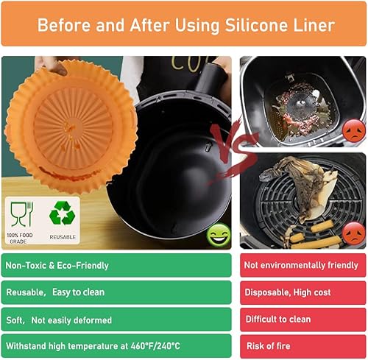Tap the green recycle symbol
(x=63, y=213)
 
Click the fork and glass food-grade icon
(x=21, y=213)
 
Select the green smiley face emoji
(x=217, y=236)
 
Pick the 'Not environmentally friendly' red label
(x=302, y=265)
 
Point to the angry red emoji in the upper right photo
(x=353, y=133)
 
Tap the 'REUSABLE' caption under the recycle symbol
(x=63, y=237)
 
